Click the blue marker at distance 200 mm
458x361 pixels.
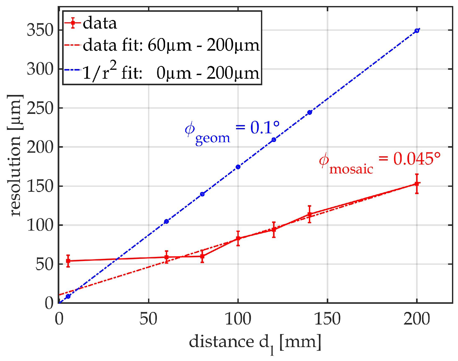pos(417,31)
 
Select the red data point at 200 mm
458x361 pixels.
pos(417,184)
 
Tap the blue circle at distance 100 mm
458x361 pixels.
pos(238,167)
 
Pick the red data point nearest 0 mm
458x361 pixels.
pos(68,261)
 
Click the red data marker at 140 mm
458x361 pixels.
pos(309,214)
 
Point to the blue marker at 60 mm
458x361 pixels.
pos(166,221)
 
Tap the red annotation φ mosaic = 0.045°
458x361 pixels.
pos(379,163)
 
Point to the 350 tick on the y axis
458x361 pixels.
pos(40,30)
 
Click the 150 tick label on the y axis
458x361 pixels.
pos(40,186)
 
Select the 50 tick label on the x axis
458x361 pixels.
pos(148,319)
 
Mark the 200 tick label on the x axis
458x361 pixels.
pos(417,319)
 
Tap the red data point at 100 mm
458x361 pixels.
pos(238,238)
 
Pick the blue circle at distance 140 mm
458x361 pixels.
pos(309,112)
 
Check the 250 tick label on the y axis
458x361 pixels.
pos(40,108)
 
